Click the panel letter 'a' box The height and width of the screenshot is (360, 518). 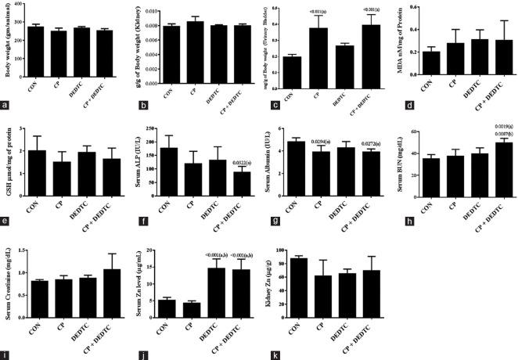tap(6, 105)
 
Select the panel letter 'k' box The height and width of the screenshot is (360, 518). tap(270, 354)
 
